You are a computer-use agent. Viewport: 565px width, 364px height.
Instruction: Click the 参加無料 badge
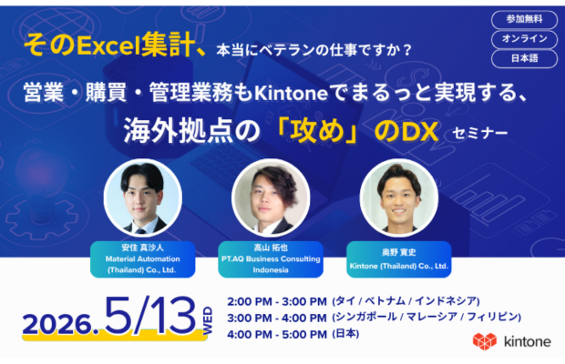coord(524,19)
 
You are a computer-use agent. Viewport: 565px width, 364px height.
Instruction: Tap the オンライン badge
coord(524,39)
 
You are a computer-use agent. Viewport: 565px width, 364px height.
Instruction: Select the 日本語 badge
coord(524,58)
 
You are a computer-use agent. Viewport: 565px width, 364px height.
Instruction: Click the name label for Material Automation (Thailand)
coord(134,258)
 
